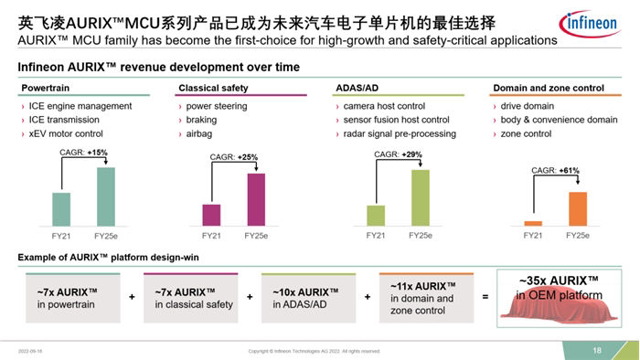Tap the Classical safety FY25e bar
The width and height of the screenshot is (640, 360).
pyautogui.click(x=256, y=199)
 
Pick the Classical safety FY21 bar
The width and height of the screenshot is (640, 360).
pyautogui.click(x=211, y=215)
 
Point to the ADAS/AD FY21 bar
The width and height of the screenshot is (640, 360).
pyautogui.click(x=376, y=216)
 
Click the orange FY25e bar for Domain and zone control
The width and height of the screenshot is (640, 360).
pyautogui.click(x=577, y=208)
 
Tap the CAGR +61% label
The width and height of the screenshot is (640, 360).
pyautogui.click(x=555, y=171)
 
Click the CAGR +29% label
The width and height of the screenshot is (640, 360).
pyautogui.click(x=398, y=154)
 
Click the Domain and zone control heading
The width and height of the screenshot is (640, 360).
pyautogui.click(x=548, y=88)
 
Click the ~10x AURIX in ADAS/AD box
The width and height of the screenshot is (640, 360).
pyautogui.click(x=306, y=298)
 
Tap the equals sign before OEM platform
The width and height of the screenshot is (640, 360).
pyautogui.click(x=485, y=297)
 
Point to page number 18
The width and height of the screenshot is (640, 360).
pyautogui.click(x=597, y=350)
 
